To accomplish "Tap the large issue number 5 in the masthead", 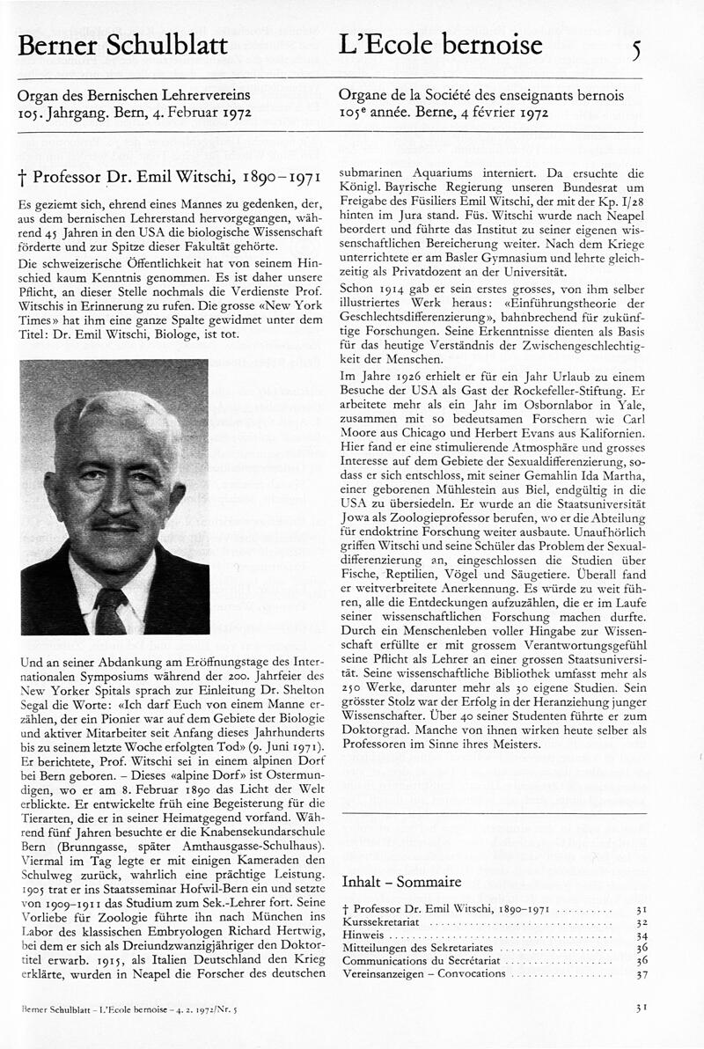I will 636,49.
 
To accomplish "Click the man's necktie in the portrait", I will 113,606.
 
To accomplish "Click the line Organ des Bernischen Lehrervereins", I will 134,95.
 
